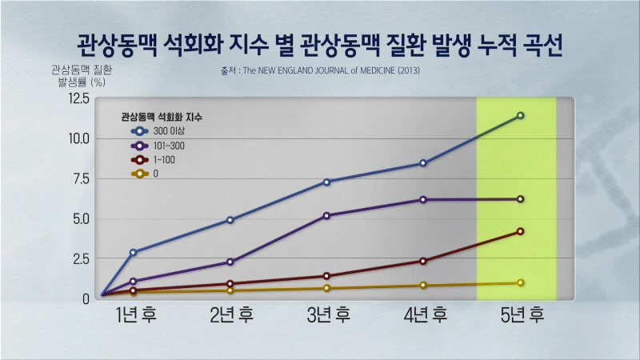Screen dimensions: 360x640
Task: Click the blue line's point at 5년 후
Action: pos(520,116)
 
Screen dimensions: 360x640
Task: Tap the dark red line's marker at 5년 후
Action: pos(520,231)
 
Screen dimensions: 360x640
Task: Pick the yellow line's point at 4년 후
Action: pos(423,286)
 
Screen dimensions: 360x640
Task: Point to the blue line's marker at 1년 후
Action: pos(133,252)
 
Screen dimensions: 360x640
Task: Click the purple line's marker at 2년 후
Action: pos(230,262)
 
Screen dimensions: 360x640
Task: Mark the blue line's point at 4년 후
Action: pos(423,163)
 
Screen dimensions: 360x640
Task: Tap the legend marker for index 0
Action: pos(141,174)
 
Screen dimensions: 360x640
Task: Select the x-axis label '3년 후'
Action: pos(327,314)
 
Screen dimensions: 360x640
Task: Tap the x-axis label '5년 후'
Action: pos(521,314)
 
